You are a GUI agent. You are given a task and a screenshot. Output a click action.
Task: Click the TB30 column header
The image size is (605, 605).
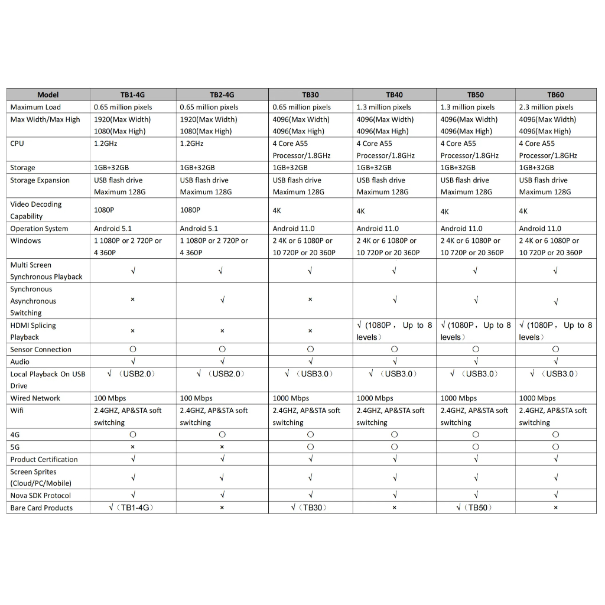[x=310, y=95]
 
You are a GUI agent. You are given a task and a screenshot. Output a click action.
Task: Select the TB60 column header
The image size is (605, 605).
[x=555, y=95]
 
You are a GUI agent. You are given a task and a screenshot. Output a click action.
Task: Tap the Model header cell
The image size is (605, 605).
[x=48, y=95]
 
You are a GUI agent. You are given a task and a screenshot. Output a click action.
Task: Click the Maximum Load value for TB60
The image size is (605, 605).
[x=546, y=107]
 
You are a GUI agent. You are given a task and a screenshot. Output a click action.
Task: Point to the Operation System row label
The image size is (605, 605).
[x=39, y=229]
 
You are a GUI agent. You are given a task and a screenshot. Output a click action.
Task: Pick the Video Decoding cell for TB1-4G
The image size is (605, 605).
[x=104, y=210]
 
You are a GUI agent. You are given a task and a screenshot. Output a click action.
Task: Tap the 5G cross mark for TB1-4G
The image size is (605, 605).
[x=133, y=447]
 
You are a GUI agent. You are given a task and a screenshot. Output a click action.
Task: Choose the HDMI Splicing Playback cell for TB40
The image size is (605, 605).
[x=394, y=331]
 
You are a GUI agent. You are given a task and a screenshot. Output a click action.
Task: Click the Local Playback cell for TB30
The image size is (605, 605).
[x=310, y=374]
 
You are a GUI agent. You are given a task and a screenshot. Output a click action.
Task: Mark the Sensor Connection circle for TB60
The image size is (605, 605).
[x=555, y=349]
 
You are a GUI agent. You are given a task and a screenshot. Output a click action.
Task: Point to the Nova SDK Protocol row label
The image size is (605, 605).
[x=40, y=496]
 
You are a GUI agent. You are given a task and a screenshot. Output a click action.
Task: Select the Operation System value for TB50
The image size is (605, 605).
[x=461, y=229]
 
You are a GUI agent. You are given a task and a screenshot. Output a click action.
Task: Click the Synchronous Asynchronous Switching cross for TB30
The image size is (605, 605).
[x=310, y=300]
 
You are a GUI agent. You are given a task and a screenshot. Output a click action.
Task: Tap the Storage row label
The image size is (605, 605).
[x=22, y=168]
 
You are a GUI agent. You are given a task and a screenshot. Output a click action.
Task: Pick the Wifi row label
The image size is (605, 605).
[x=17, y=410]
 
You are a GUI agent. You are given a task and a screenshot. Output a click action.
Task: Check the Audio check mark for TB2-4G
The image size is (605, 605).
[x=222, y=362]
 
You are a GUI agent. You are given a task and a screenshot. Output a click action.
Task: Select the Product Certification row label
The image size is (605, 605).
[x=44, y=459]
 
